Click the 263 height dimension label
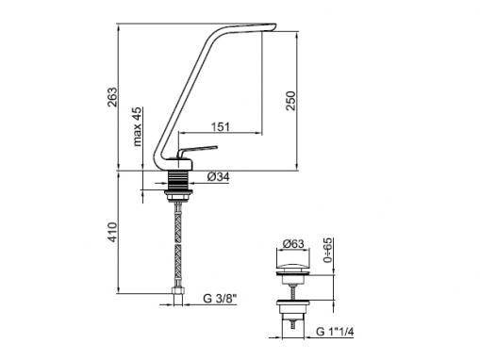[112, 97]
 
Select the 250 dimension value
[290, 101]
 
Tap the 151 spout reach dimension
[221, 126]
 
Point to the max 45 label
[137, 126]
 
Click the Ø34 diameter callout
[218, 177]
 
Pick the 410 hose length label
[112, 232]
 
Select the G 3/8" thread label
[219, 298]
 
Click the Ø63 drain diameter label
[293, 243]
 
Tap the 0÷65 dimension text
[327, 250]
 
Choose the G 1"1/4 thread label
[335, 331]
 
